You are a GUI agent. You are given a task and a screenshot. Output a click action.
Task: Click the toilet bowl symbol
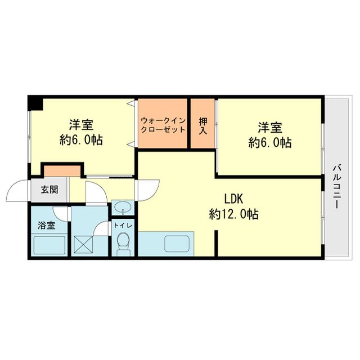(123, 244)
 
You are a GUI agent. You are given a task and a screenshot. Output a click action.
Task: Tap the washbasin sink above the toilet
(123, 208)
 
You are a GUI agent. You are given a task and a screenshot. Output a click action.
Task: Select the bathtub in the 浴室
(49, 245)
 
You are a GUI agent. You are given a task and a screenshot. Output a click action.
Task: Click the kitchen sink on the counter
(177, 243)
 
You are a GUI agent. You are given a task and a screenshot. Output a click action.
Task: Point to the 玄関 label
(49, 190)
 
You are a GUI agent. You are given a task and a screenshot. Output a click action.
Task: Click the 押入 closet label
(203, 126)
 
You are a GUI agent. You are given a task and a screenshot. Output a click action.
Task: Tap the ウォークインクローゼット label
(163, 125)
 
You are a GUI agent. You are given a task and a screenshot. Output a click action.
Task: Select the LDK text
(233, 199)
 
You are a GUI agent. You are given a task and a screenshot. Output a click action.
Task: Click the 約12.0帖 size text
(234, 214)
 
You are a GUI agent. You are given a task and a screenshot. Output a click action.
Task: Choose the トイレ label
(123, 226)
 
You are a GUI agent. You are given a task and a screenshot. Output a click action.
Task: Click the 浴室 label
(47, 226)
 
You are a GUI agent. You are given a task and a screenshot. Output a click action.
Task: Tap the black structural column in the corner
(35, 103)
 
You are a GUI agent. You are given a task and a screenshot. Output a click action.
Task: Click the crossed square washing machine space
(83, 245)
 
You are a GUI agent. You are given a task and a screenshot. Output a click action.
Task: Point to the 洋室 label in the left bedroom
(81, 125)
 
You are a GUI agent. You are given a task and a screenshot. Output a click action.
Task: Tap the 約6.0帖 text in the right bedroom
(270, 142)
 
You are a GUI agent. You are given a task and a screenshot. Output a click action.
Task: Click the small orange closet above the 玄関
(62, 171)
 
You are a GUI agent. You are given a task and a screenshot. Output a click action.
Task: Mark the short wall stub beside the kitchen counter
(216, 244)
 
